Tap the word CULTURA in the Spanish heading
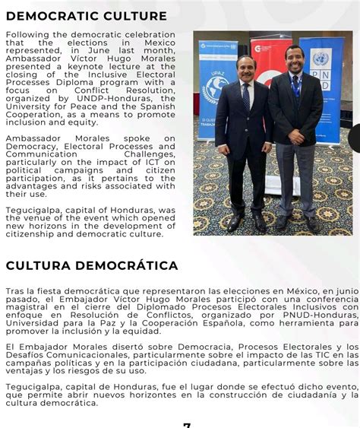tap(39, 265)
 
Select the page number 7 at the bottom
tap(187, 424)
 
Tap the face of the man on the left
tap(245, 68)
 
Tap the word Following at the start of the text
tap(29, 34)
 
